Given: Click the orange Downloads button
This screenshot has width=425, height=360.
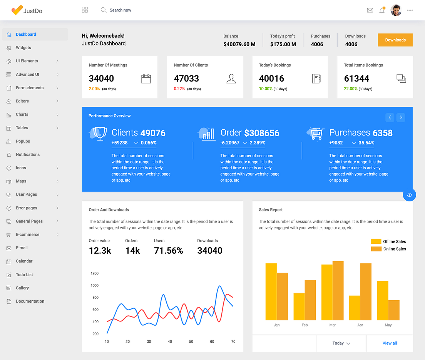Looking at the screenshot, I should (395, 40).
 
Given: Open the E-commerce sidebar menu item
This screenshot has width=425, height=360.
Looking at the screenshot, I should (27, 234).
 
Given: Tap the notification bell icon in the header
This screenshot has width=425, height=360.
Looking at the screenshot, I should (382, 10).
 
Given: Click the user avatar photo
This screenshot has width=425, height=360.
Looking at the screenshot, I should (396, 10).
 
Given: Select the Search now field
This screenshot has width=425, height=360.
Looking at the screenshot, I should (120, 10).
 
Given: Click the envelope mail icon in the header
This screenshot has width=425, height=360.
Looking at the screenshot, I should (370, 10).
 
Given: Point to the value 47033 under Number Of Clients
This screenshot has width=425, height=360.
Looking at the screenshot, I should (186, 79).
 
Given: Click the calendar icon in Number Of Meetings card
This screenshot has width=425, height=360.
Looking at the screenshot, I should (146, 79).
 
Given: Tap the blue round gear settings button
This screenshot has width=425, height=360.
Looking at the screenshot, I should (409, 195).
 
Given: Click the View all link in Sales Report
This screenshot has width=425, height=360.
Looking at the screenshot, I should (389, 343).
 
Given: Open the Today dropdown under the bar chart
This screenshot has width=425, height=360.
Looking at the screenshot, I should (341, 343).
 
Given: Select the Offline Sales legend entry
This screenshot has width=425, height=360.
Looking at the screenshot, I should (388, 241).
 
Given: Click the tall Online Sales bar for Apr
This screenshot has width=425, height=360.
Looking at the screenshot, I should (366, 291).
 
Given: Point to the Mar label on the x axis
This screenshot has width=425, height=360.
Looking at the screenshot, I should (332, 325).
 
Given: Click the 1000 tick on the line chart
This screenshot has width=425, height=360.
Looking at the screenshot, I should (94, 285).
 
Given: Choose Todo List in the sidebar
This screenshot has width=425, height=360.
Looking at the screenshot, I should (24, 275).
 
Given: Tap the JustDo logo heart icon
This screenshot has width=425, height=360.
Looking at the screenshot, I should (17, 10).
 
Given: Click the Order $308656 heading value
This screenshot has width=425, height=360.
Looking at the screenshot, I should (261, 133).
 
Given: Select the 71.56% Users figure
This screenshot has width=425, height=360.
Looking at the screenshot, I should (168, 251).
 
